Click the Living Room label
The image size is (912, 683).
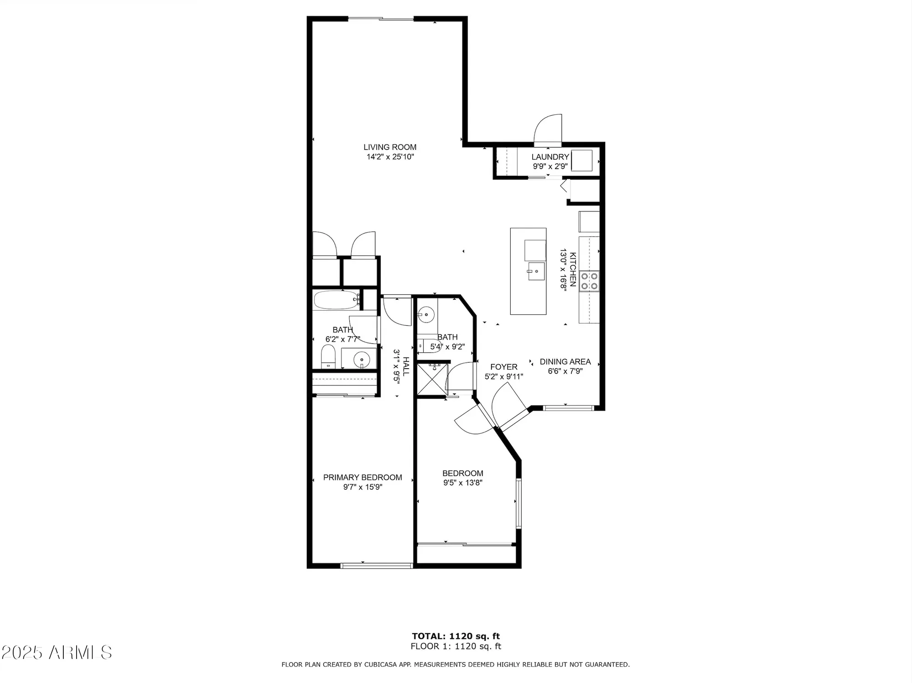click(389, 147)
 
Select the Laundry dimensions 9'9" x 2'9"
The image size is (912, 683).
click(550, 166)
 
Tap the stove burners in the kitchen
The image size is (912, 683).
click(589, 281)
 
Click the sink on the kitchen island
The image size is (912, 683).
click(536, 272)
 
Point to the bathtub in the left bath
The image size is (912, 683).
click(335, 300)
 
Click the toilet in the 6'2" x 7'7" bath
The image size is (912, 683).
click(328, 357)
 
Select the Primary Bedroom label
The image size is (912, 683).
click(363, 478)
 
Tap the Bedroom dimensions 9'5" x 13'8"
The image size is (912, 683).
click(462, 483)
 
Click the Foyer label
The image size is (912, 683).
click(503, 367)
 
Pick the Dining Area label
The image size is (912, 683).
click(565, 362)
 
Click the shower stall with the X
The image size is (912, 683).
click(431, 379)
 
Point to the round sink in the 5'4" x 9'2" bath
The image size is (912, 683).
click(426, 314)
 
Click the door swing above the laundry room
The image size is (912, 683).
click(549, 129)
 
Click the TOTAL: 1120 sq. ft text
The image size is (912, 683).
click(456, 636)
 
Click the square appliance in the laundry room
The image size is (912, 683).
click(581, 160)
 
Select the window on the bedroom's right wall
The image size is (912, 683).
click(518, 503)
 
